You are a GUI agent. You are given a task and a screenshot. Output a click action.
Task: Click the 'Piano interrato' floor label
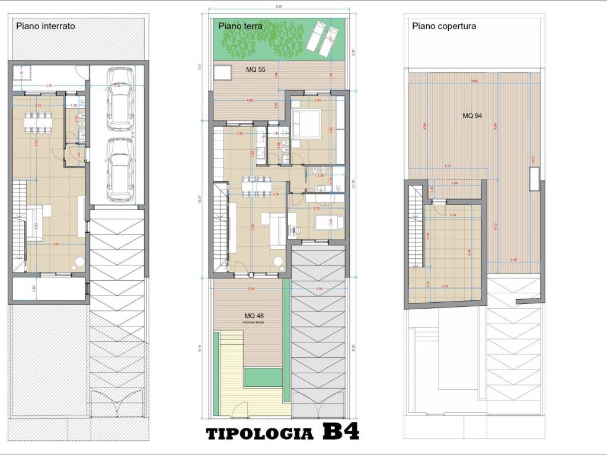coord(45,26)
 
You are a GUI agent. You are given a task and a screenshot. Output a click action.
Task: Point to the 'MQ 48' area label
coord(254,315)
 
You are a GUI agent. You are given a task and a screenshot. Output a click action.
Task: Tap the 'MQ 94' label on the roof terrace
coord(472,116)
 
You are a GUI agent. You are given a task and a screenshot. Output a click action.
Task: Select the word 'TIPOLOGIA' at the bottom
coord(260,434)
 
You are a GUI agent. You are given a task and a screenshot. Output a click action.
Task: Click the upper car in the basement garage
coord(121,98)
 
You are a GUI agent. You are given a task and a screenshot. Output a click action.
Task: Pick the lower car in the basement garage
coord(121,170)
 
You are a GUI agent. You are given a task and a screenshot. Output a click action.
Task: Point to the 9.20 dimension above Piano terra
coord(278,7)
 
